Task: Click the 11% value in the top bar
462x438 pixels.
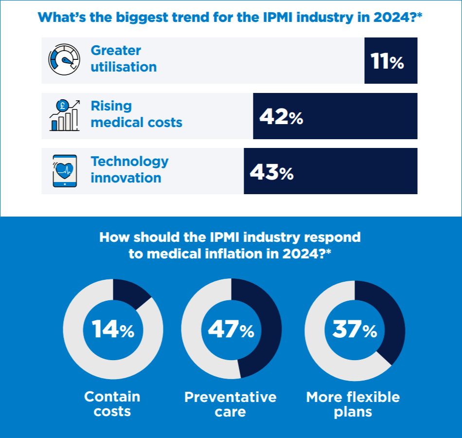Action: click(387, 61)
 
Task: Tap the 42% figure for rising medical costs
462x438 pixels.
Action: click(281, 117)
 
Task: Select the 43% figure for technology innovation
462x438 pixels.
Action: click(271, 172)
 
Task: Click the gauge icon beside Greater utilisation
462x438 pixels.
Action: click(64, 60)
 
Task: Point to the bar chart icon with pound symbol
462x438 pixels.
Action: click(64, 115)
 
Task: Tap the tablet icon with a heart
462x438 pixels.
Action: click(64, 171)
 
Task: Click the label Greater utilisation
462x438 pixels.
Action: click(124, 59)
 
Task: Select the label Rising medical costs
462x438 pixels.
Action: click(136, 114)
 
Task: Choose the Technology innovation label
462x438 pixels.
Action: click(129, 169)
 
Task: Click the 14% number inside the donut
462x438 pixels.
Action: click(113, 330)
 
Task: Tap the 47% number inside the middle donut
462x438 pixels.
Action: click(231, 330)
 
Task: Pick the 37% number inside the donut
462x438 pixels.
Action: click(355, 330)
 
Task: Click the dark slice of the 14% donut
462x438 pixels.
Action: click(131, 292)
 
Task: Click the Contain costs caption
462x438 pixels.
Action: click(112, 404)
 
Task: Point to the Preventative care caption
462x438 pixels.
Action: click(231, 404)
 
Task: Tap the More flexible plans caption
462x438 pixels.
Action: click(353, 404)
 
